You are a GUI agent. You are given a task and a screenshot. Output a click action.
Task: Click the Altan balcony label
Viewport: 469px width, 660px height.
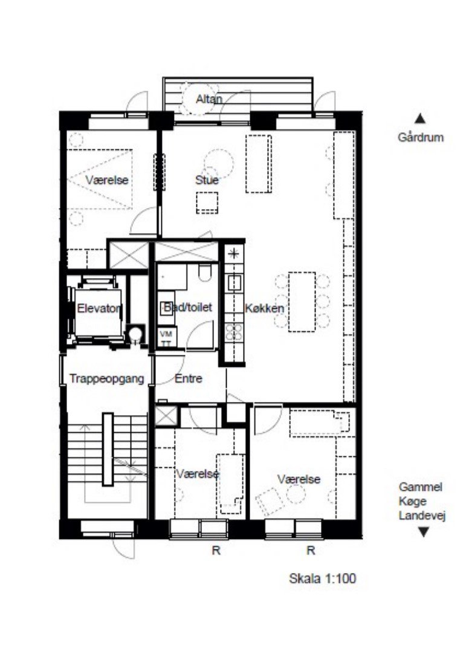tap(209, 99)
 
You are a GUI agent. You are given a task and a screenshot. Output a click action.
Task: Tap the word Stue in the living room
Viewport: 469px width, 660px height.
tap(207, 180)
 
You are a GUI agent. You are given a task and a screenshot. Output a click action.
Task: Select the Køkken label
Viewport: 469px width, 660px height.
tap(264, 308)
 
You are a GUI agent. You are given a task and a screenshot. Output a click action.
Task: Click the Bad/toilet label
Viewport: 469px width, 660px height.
tap(187, 308)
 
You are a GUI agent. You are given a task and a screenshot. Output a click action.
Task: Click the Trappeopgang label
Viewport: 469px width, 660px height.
tap(106, 379)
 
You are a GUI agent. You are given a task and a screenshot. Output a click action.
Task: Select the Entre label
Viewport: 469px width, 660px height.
tap(188, 379)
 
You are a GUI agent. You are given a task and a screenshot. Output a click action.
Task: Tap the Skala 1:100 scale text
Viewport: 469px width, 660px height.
tap(323, 578)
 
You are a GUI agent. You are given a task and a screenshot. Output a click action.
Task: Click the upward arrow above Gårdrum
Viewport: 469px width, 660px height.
tap(421, 119)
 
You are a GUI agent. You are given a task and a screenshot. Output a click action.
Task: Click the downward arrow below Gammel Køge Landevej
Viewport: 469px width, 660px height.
tap(424, 532)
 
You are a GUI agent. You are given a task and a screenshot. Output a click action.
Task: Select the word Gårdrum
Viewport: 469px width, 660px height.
tap(421, 137)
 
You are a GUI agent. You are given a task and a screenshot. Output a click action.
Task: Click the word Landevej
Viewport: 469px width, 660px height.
tap(422, 516)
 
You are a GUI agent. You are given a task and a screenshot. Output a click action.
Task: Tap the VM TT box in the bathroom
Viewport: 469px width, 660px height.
tap(166, 337)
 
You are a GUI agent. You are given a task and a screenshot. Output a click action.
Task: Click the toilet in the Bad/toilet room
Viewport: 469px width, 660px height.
tap(205, 274)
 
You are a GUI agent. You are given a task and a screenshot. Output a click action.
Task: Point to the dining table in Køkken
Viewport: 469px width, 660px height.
tap(302, 302)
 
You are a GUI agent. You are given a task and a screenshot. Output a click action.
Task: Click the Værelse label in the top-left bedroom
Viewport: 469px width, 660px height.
tap(107, 180)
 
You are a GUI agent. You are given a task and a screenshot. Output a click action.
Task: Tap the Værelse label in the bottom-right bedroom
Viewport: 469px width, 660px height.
tap(299, 479)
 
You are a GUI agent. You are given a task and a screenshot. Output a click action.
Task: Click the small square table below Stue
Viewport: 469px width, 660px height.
tap(207, 202)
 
